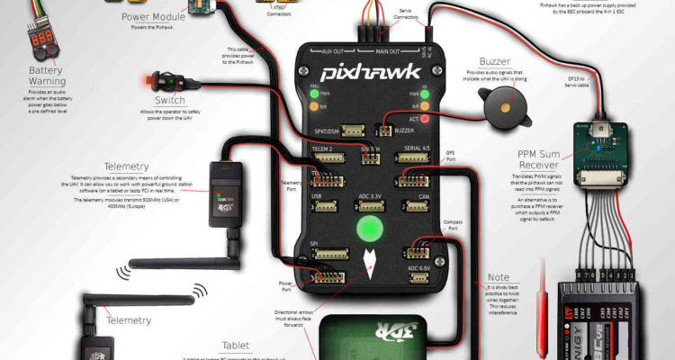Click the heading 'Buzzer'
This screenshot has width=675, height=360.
click(x=494, y=62)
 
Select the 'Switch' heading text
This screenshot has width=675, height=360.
click(x=170, y=100)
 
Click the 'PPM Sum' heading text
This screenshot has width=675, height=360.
click(x=545, y=151)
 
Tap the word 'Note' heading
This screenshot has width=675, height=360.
click(x=497, y=277)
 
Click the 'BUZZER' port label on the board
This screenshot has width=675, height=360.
click(x=404, y=130)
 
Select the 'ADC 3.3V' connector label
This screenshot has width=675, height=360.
click(x=370, y=195)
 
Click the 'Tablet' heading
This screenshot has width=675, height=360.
click(x=235, y=346)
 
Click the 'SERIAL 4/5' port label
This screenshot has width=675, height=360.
click(x=417, y=148)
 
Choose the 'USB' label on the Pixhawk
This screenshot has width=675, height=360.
click(x=316, y=195)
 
